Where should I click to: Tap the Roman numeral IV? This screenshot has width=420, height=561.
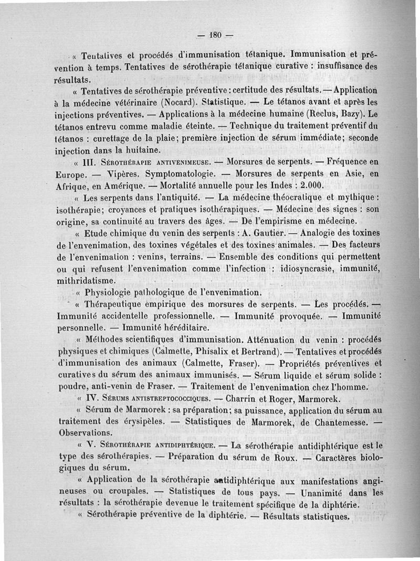click(x=93, y=398)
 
